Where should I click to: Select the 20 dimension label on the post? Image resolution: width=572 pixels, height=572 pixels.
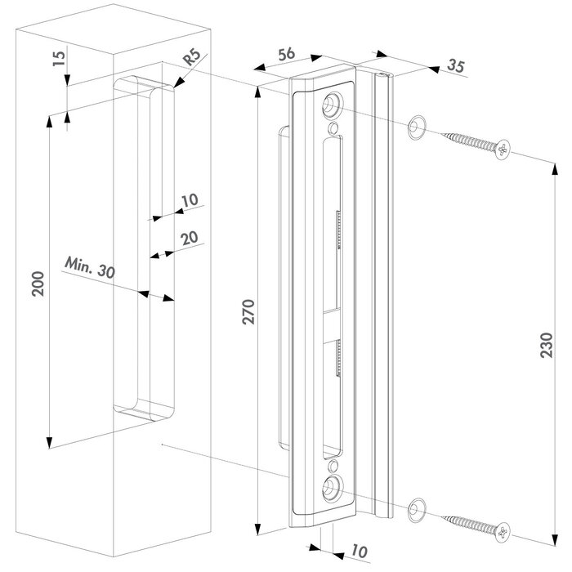(189, 238)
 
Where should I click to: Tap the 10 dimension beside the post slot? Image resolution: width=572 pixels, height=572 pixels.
(190, 199)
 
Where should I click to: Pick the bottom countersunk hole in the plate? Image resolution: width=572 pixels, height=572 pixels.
(333, 489)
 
